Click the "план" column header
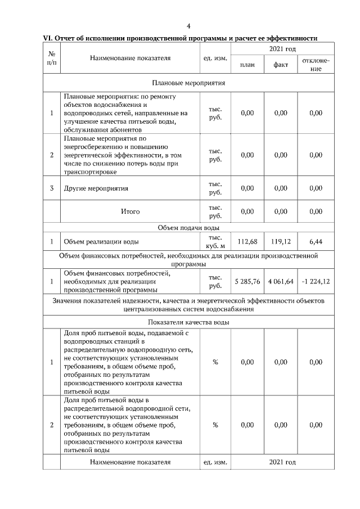(247, 65)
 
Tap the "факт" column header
(281, 65)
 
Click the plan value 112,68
(247, 242)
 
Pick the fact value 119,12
(281, 242)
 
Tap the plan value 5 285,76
(247, 281)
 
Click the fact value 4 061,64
(281, 281)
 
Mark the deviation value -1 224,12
(316, 281)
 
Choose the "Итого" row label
(130, 211)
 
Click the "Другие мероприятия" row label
(96, 188)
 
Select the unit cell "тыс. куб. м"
(215, 242)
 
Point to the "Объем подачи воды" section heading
(188, 228)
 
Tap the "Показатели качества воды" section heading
(188, 322)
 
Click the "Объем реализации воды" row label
(101, 242)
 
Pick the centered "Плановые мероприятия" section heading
(188, 83)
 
